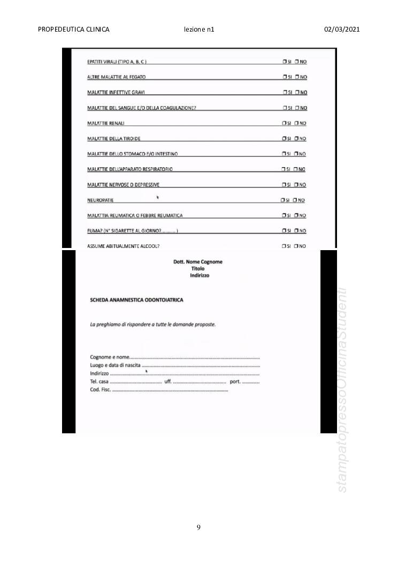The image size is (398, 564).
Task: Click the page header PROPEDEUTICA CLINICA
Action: click(x=74, y=29)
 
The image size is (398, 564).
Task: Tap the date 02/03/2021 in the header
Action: click(x=342, y=29)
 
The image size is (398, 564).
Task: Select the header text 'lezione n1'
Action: click(x=198, y=29)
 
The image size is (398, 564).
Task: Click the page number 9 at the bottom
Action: click(x=198, y=528)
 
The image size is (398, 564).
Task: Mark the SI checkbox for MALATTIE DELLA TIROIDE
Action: click(x=284, y=139)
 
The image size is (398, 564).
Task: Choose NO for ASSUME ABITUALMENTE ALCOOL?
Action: click(x=296, y=246)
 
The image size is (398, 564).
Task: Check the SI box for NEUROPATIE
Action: click(x=283, y=200)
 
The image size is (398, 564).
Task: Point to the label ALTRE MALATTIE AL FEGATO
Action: click(x=116, y=77)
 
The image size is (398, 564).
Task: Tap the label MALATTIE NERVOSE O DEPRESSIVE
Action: click(x=123, y=185)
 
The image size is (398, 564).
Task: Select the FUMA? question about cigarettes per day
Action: click(x=132, y=231)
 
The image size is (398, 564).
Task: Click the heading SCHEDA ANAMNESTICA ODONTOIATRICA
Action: click(x=136, y=300)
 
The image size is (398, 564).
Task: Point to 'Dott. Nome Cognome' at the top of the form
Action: click(x=198, y=262)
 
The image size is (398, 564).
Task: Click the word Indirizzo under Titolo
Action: click(x=200, y=275)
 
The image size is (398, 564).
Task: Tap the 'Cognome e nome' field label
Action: click(x=110, y=357)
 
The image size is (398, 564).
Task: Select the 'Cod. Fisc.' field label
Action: click(x=100, y=389)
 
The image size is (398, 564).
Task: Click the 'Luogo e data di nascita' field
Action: click(x=116, y=365)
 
